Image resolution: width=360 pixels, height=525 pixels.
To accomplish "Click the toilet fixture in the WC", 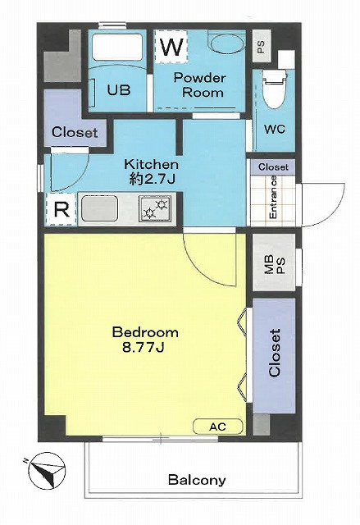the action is tap(275, 89).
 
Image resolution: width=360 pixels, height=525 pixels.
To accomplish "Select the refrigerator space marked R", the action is tap(62, 210).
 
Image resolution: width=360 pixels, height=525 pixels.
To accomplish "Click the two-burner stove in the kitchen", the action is tap(155, 208).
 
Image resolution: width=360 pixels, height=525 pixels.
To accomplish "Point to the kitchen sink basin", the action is tap(100, 208).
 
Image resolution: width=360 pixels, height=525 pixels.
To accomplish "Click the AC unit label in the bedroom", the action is tap(218, 427).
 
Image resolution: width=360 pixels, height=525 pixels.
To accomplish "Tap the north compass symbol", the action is tap(46, 471).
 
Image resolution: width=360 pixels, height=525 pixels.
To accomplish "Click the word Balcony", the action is tap(197, 480).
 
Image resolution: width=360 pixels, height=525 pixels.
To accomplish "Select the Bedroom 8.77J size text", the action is tap(144, 347).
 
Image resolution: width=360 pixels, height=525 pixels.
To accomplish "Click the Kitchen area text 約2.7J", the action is tap(153, 180).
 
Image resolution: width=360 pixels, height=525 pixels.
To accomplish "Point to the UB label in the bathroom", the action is tap(119, 89).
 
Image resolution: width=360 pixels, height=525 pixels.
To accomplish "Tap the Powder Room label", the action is tap(200, 85).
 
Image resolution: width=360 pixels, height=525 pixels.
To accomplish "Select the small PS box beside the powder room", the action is tap(262, 46).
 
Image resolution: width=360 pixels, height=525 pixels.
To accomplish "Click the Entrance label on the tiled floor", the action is tap(273, 198).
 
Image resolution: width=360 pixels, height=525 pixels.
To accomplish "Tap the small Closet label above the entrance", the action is tap(273, 167).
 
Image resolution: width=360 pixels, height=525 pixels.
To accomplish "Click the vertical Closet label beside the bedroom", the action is tap(275, 354).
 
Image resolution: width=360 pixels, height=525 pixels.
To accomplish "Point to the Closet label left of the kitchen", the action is tap(75, 133).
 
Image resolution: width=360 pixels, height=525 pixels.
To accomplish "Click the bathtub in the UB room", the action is tap(116, 47).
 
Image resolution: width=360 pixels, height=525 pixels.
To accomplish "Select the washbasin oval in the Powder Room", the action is tap(226, 43).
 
